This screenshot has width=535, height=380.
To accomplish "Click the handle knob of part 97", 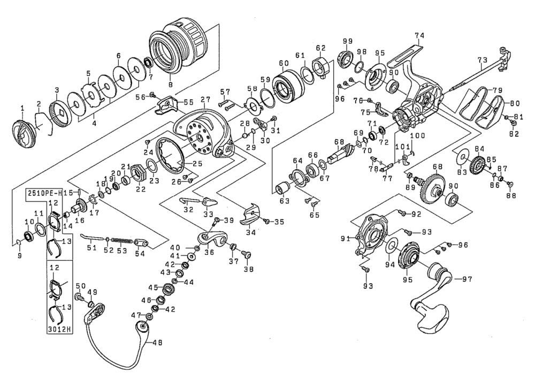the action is click(x=432, y=313).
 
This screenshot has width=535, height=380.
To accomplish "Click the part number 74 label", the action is click(x=419, y=35).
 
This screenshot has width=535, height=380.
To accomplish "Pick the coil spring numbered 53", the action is click(x=121, y=240).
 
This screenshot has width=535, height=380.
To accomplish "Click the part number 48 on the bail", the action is click(x=158, y=343).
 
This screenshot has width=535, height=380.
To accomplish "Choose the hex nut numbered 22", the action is click(x=138, y=172).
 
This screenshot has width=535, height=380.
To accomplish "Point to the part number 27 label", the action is click(x=205, y=101).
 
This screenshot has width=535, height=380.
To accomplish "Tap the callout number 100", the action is click(x=418, y=136).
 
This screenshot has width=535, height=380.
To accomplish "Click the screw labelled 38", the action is click(x=246, y=255).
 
